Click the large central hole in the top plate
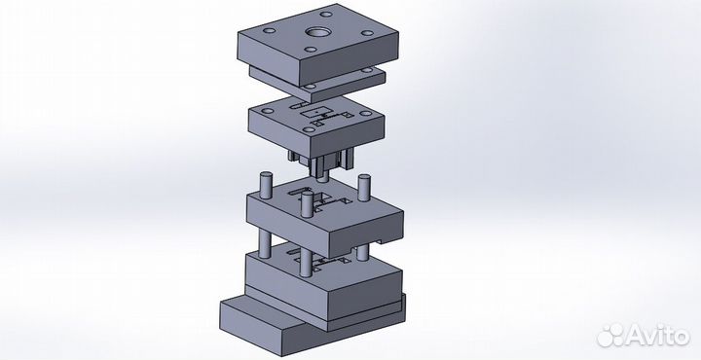tap(316, 33)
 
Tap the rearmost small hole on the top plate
tap(326, 14)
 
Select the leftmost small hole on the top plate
tap(269, 31)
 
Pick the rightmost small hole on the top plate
tap(367, 33)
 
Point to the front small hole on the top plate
tap(311, 50)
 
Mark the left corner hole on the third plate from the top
tap(268, 111)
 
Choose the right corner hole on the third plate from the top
tap(366, 114)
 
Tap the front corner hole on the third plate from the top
tap(309, 130)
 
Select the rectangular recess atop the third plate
tap(316, 112)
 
